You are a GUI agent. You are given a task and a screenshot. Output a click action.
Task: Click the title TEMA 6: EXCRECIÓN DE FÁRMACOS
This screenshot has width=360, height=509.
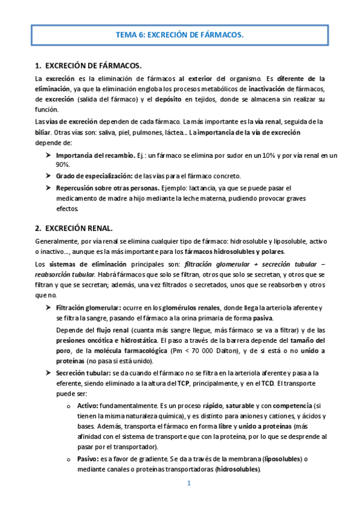pyautogui.click(x=180, y=35)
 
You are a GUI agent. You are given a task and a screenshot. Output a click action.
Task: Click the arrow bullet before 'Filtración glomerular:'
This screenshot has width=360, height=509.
pyautogui.click(x=48, y=308)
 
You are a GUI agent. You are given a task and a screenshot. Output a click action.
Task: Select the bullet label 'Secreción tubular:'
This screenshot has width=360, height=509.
pyautogui.click(x=88, y=373)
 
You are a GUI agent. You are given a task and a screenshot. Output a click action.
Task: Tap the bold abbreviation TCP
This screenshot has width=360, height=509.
pyautogui.click(x=184, y=383)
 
